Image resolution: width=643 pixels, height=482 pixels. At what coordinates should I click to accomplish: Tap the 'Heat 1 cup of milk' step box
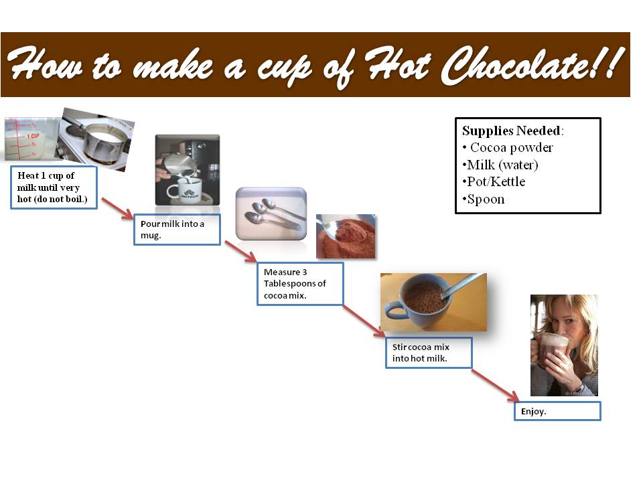tap(54, 187)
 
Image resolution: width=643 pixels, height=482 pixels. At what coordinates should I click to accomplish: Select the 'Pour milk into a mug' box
tap(177, 230)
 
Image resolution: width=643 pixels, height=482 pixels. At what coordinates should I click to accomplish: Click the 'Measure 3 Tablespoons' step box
tap(300, 283)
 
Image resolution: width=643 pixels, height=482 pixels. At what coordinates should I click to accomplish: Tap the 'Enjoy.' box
tap(557, 411)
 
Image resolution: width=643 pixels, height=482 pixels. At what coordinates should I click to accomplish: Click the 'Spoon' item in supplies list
tap(485, 199)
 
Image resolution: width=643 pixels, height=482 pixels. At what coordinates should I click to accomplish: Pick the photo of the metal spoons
tap(271, 212)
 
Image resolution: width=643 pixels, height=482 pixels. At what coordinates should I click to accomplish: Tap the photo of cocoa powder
tap(346, 236)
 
